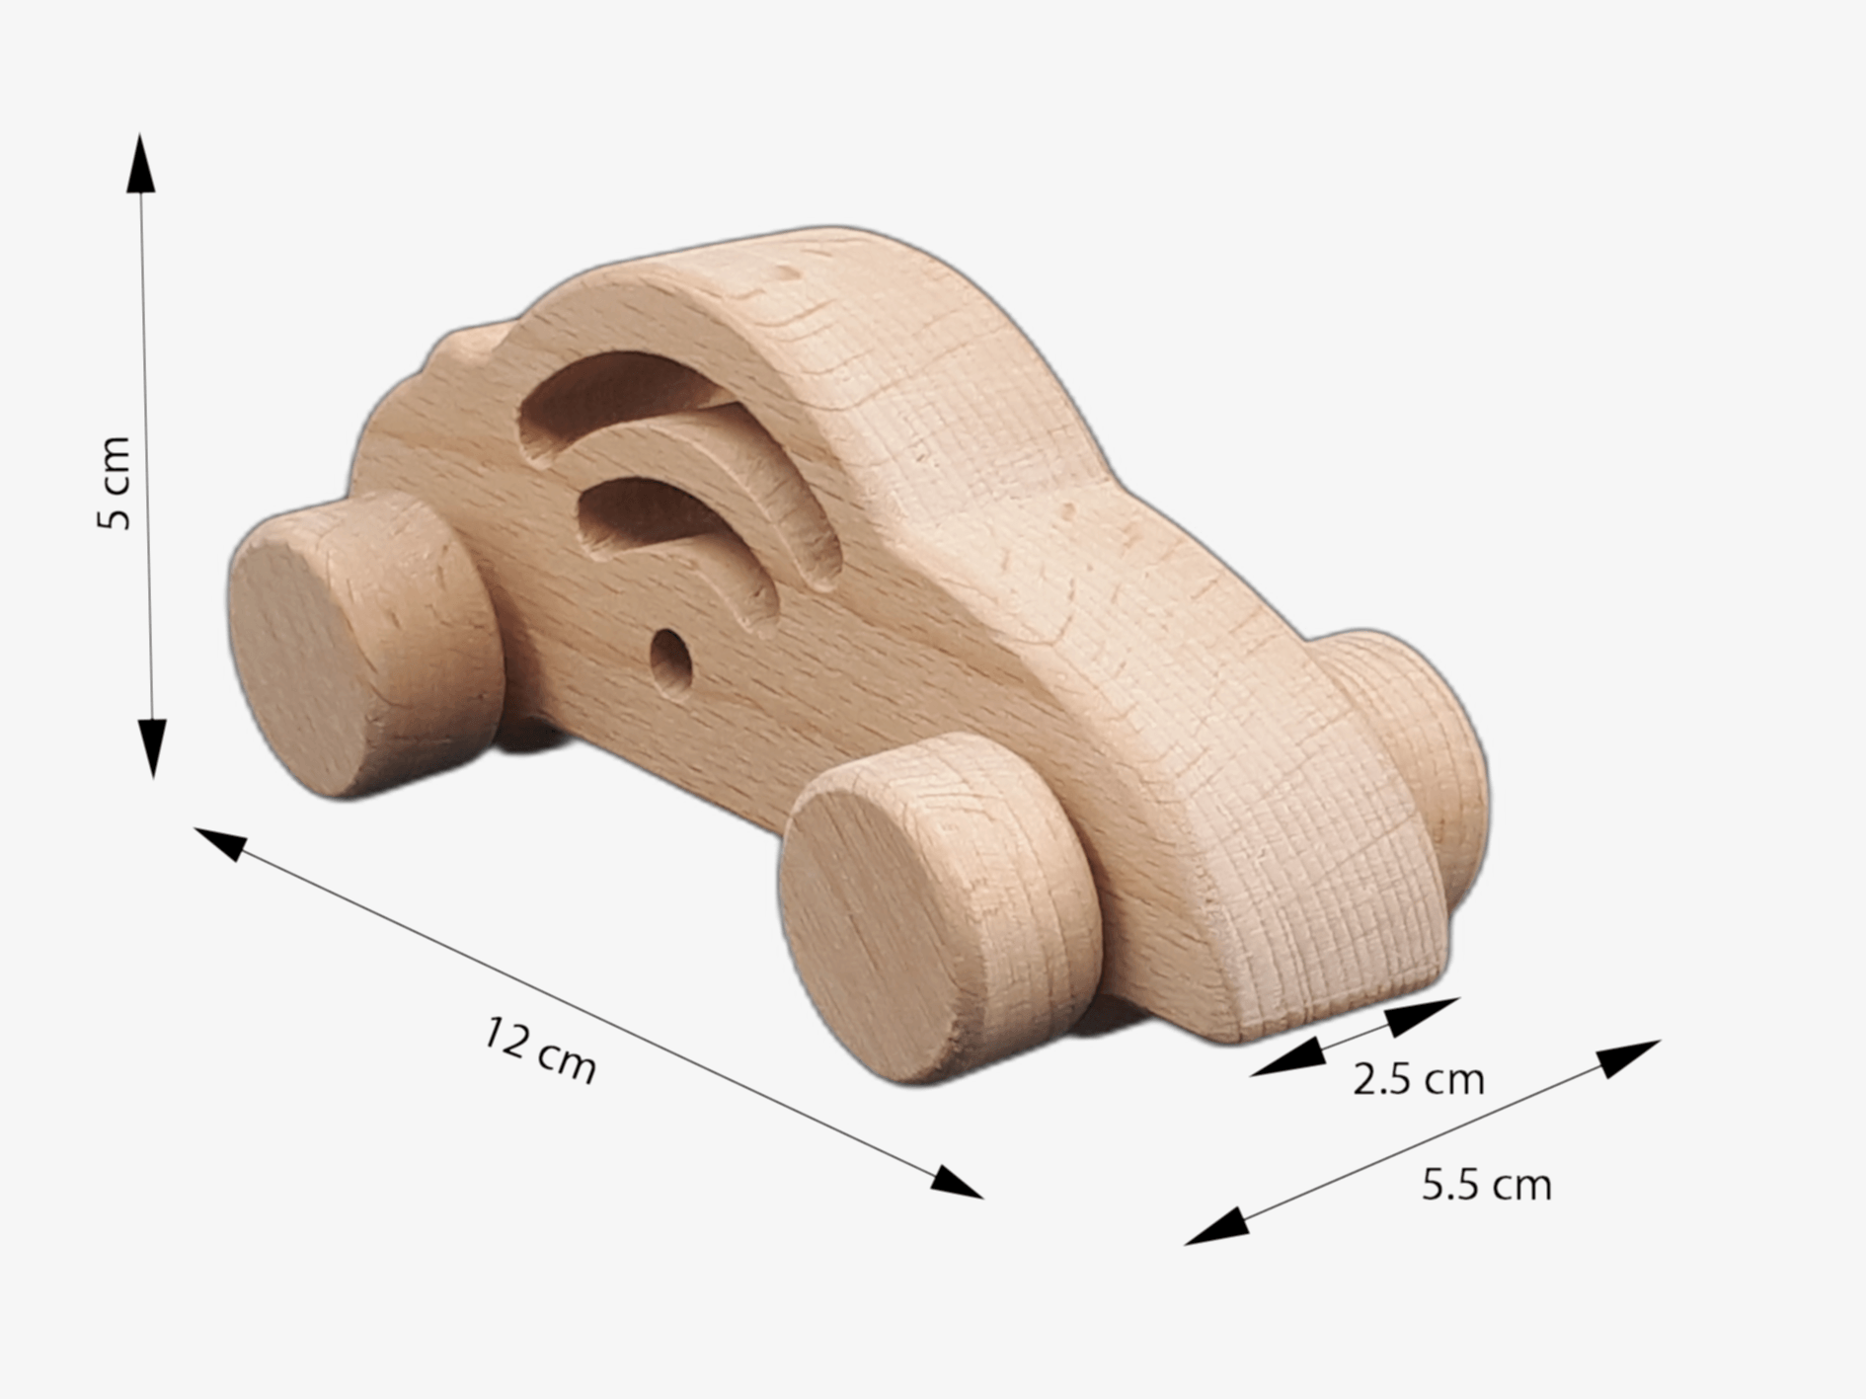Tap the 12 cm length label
click(540, 1051)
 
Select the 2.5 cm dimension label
click(1418, 1079)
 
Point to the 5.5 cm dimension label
click(1486, 1184)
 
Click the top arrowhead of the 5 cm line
click(140, 163)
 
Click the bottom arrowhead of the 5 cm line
click(152, 748)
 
